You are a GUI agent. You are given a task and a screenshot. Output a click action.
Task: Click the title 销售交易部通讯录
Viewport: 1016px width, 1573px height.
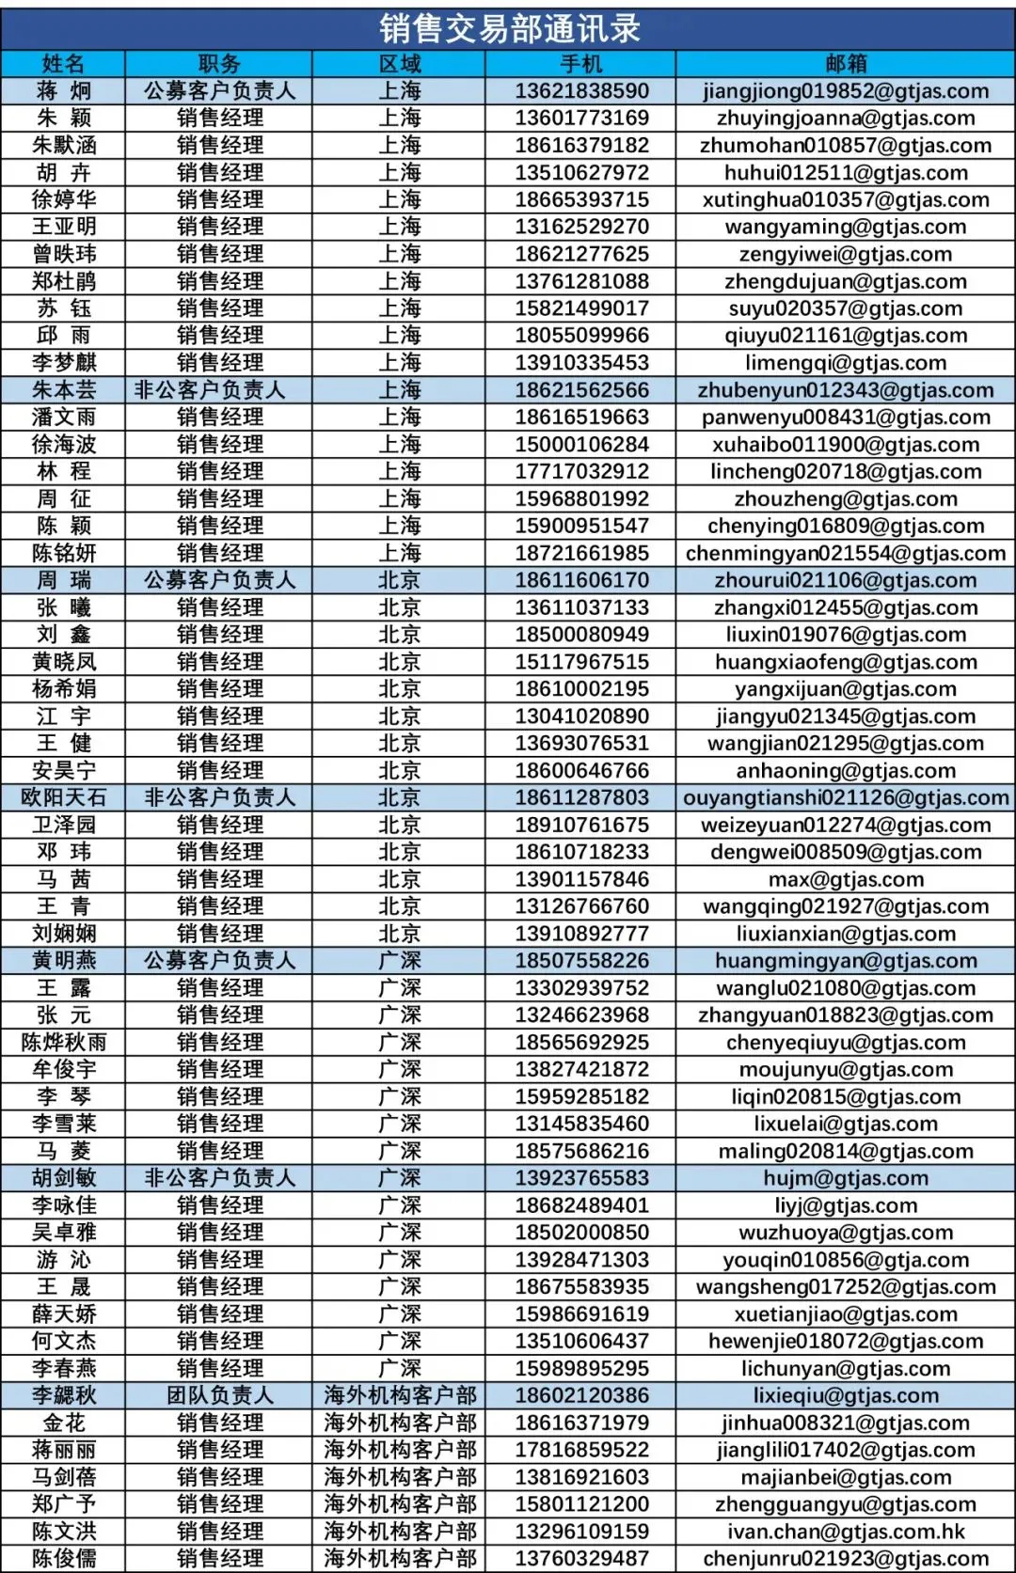pyautogui.click(x=509, y=28)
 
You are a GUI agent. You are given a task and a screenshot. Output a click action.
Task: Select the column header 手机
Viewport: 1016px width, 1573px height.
pyautogui.click(x=580, y=64)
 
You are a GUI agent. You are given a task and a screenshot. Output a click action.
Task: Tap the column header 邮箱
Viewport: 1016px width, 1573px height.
pyautogui.click(x=845, y=64)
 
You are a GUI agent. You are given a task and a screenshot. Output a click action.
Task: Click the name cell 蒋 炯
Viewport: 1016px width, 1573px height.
pyautogui.click(x=64, y=91)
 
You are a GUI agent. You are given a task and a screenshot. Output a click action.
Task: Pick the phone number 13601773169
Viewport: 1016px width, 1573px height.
pyautogui.click(x=581, y=118)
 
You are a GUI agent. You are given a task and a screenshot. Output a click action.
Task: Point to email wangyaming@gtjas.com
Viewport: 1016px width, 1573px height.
pyautogui.click(x=845, y=227)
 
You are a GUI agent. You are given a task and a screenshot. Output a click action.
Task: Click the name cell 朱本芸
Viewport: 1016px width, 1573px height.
pyautogui.click(x=64, y=390)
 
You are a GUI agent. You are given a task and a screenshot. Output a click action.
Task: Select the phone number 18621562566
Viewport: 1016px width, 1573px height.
pyautogui.click(x=581, y=390)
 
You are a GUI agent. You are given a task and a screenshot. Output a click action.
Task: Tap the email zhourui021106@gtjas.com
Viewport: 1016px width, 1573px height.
pyautogui.click(x=845, y=580)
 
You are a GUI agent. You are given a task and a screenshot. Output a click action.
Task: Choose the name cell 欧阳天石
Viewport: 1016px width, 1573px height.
pyautogui.click(x=64, y=797)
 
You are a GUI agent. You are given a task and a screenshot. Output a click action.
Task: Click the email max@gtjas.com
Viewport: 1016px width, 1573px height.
pyautogui.click(x=845, y=879)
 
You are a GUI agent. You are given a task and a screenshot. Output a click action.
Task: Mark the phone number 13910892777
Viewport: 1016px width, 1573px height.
pyautogui.click(x=581, y=934)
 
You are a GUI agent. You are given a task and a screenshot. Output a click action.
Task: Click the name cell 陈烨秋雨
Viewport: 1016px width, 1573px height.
pyautogui.click(x=64, y=1042)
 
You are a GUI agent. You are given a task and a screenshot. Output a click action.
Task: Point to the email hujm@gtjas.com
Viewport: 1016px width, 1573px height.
pyautogui.click(x=845, y=1178)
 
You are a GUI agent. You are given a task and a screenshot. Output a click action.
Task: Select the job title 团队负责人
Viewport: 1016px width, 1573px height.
pyautogui.click(x=219, y=1395)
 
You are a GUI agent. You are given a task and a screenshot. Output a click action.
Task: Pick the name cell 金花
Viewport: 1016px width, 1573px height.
pyautogui.click(x=64, y=1423)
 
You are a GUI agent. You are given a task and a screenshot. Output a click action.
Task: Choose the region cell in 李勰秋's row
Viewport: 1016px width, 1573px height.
pyautogui.click(x=400, y=1395)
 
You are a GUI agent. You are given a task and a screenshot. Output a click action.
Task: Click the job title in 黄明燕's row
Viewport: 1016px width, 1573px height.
pyautogui.click(x=219, y=961)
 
